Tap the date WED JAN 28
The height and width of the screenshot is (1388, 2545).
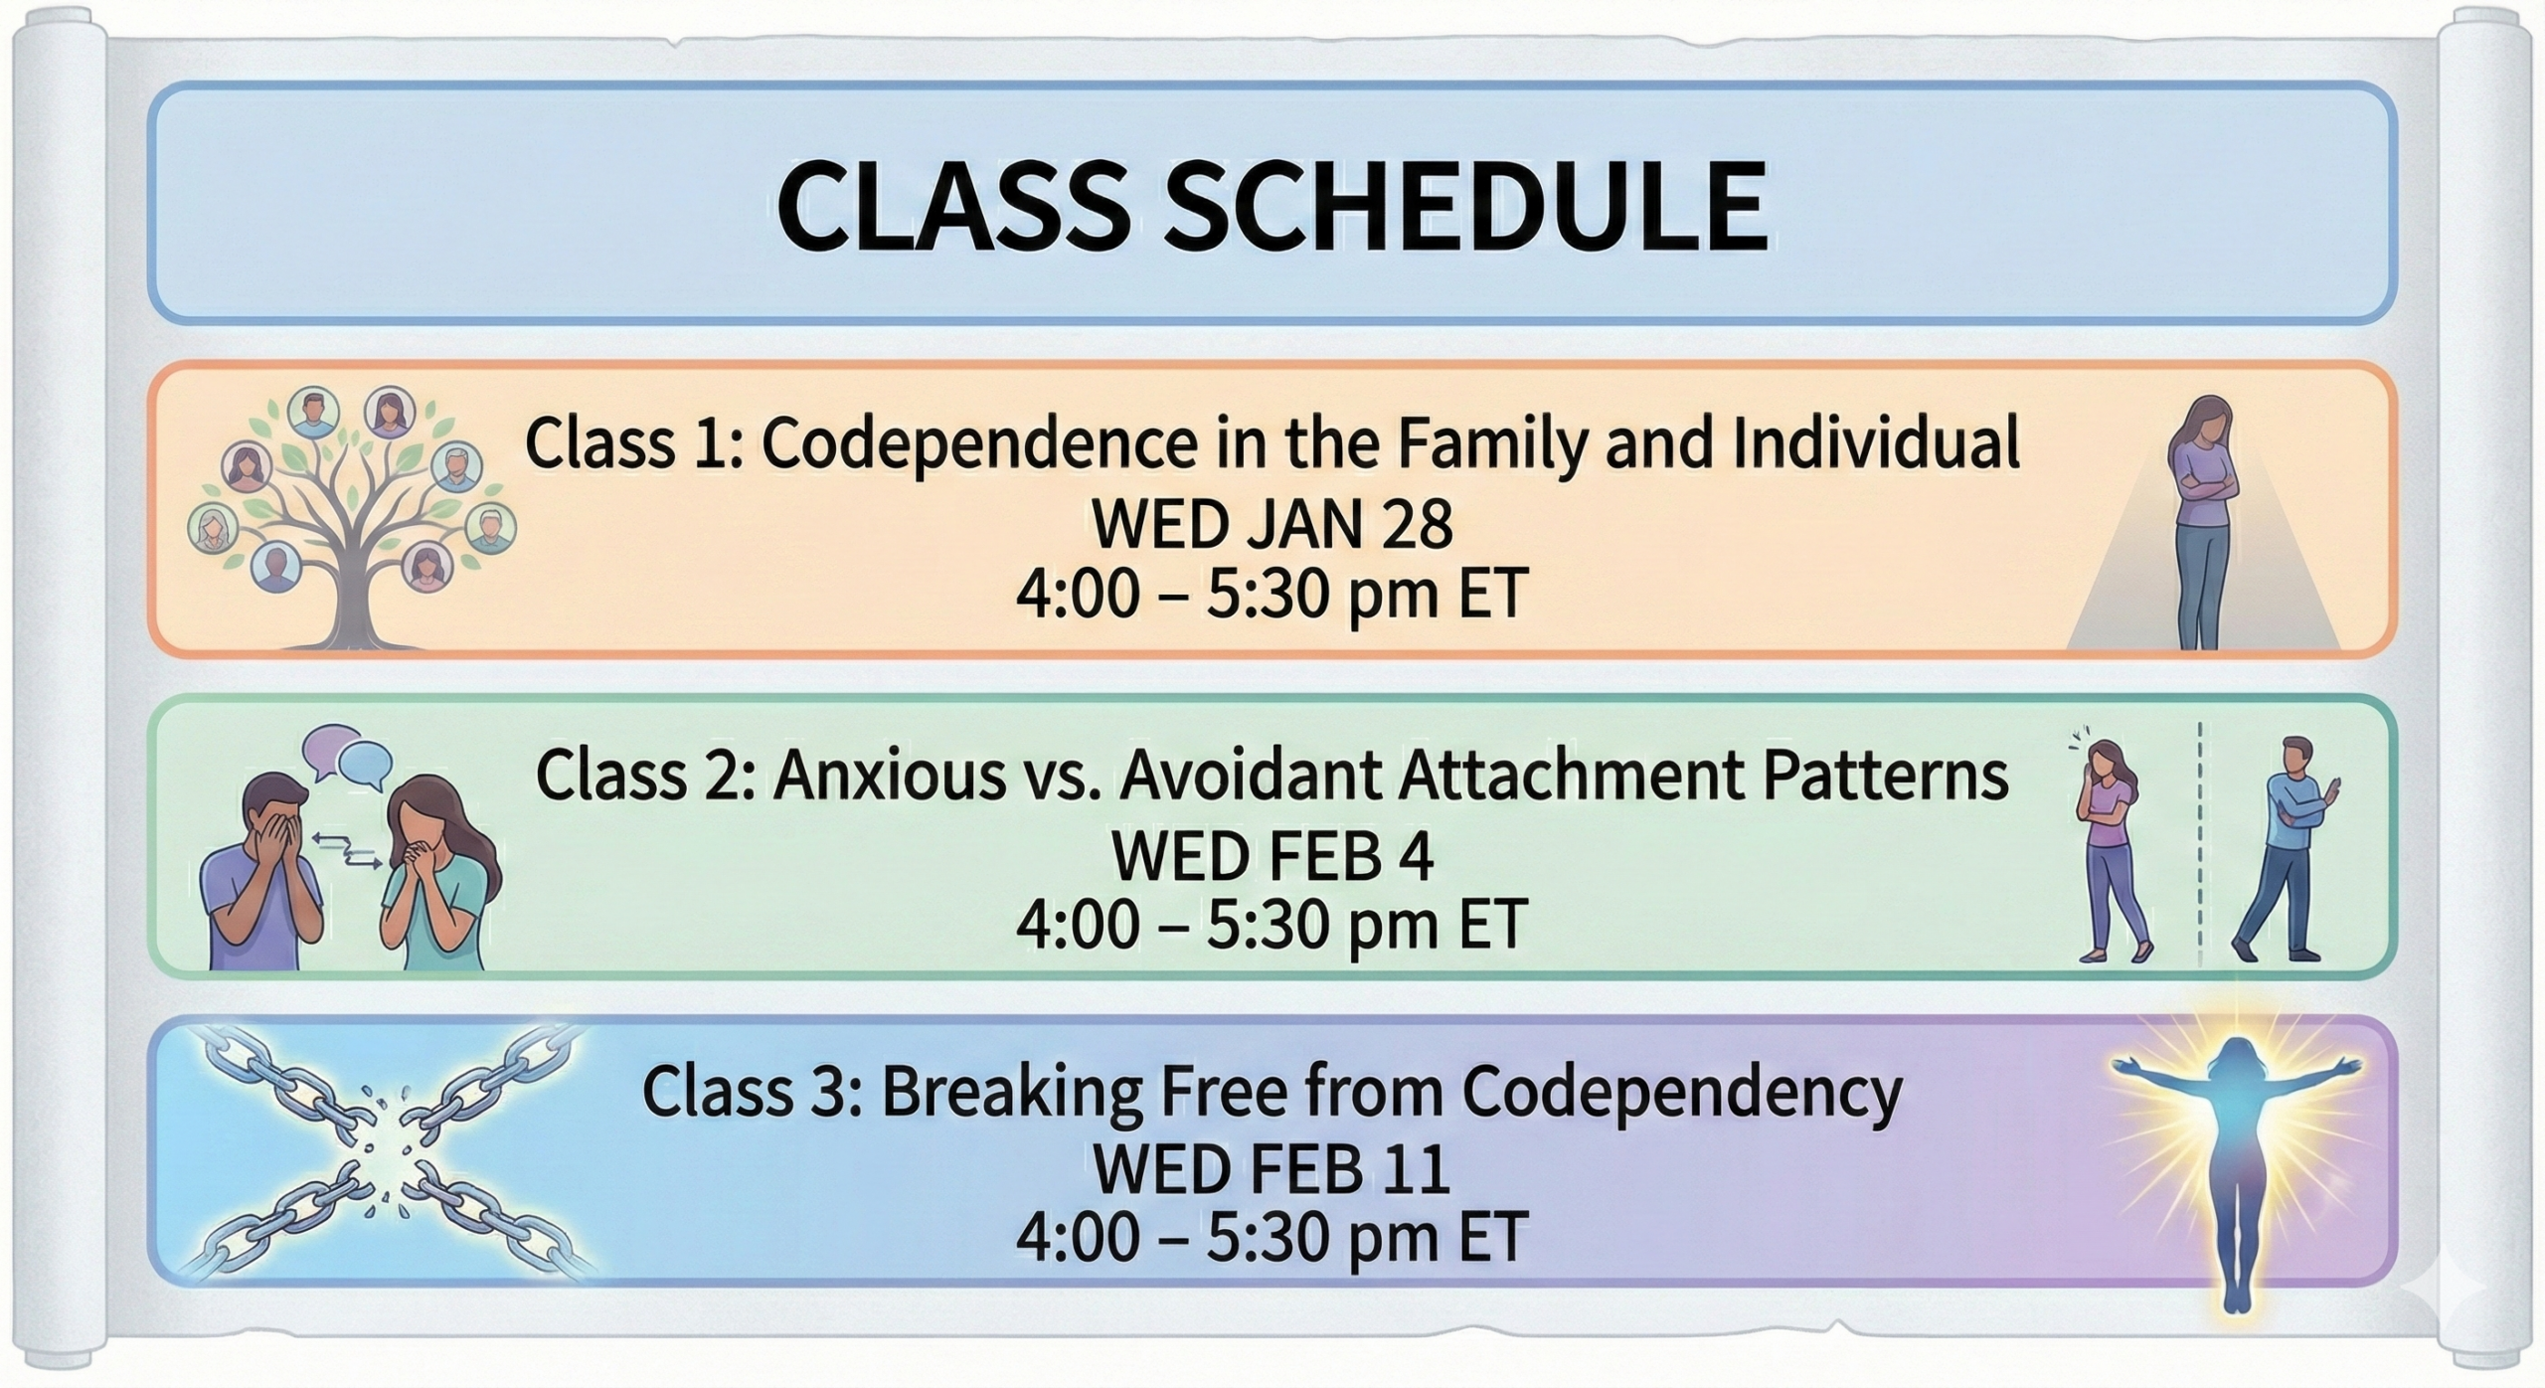1272,524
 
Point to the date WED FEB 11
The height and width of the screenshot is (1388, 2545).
1272,1170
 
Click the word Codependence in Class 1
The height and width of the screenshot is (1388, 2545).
979,445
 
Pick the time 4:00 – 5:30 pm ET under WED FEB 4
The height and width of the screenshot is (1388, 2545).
1272,924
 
